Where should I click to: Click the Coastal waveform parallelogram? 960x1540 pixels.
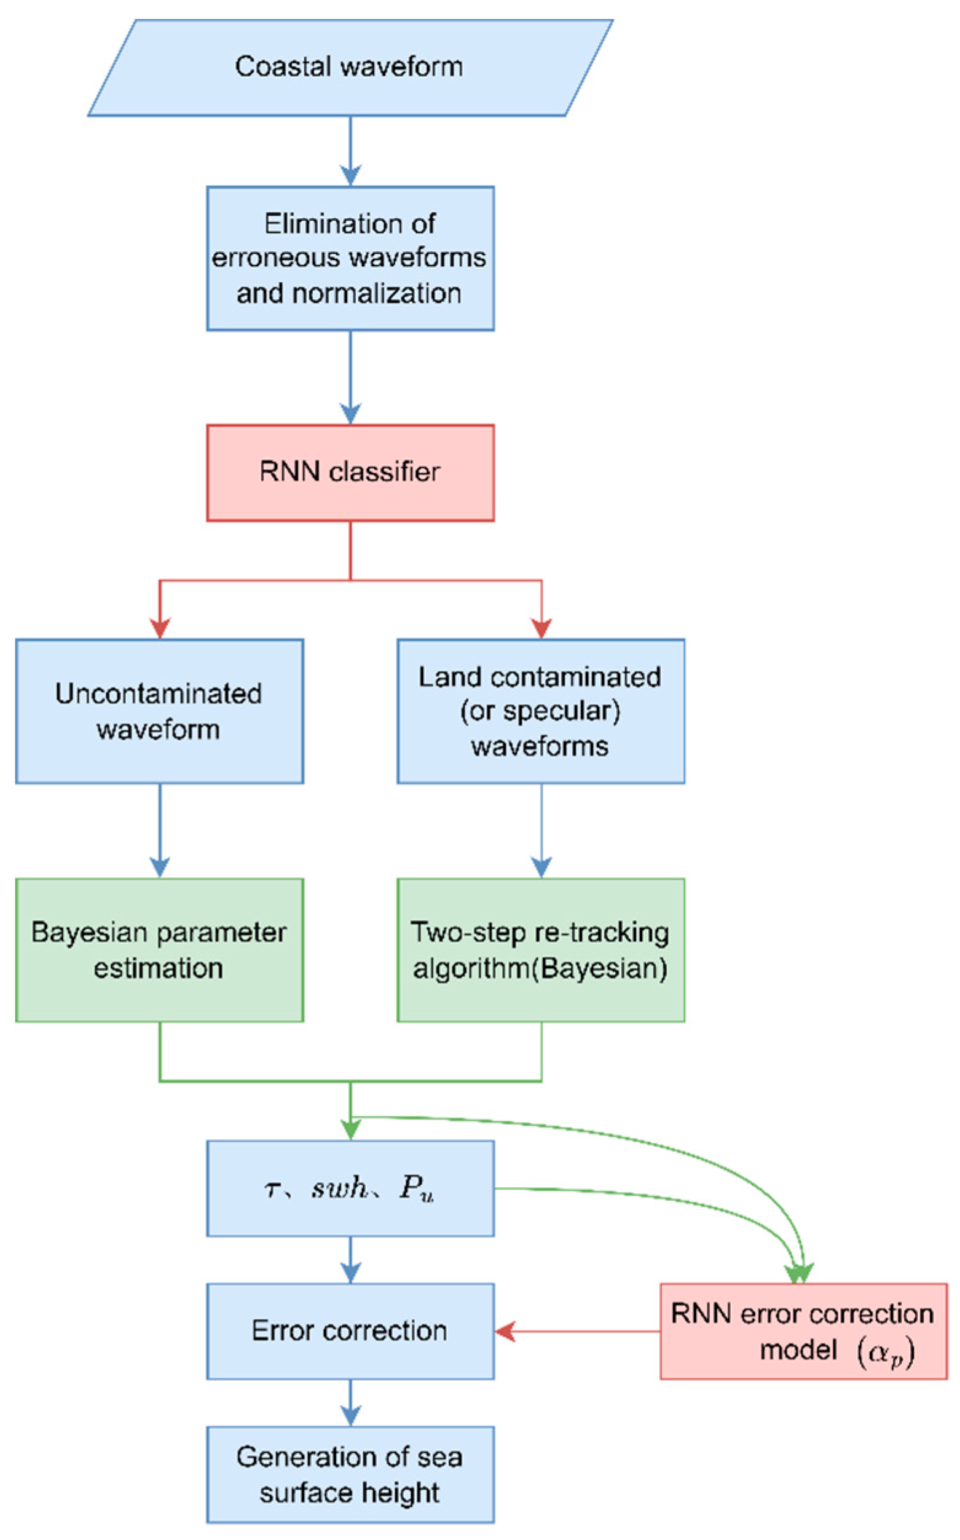tap(350, 67)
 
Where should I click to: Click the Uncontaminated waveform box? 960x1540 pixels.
tap(159, 711)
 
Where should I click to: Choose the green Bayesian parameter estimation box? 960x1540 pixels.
tap(159, 950)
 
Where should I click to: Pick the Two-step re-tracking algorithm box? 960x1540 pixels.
tap(540, 950)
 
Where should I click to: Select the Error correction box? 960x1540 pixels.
tap(350, 1331)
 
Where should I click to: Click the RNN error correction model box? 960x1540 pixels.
tap(803, 1331)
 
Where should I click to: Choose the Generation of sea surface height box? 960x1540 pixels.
tap(350, 1475)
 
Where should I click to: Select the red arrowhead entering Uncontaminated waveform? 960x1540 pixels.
tap(160, 628)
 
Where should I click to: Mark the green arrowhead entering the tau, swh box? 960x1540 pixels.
tap(350, 1129)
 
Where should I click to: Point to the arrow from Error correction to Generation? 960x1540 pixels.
tap(350, 1403)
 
